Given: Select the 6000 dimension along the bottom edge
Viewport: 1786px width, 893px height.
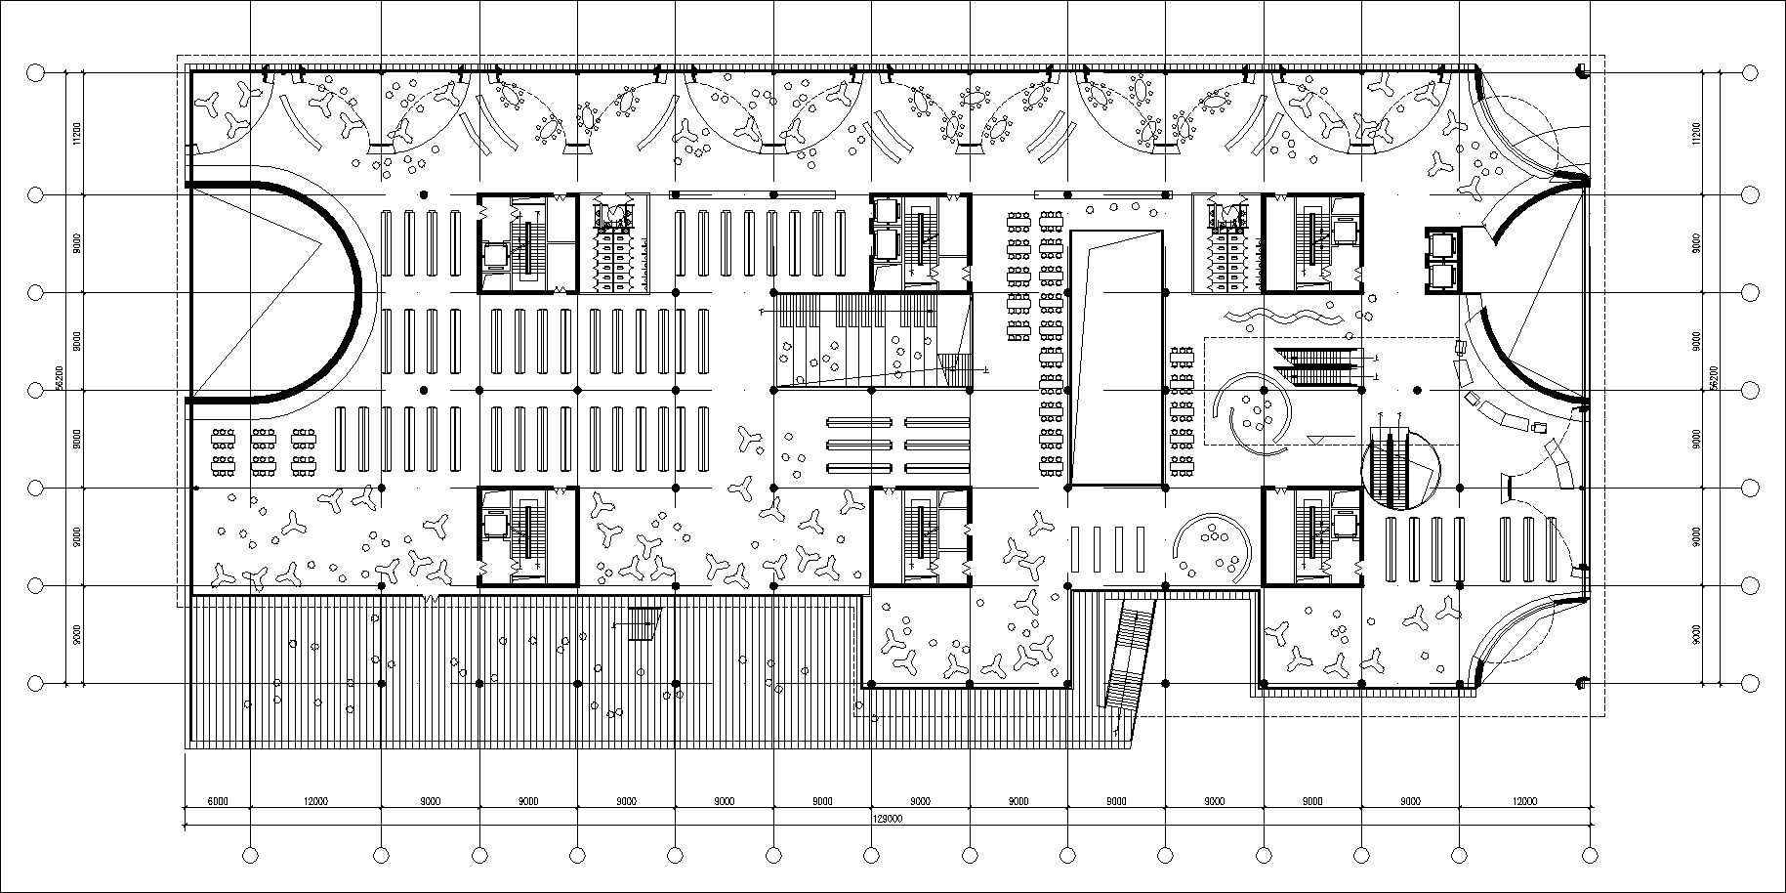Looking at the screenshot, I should pyautogui.click(x=217, y=801).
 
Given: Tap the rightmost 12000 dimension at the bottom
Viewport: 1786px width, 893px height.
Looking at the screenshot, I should pyautogui.click(x=1523, y=801).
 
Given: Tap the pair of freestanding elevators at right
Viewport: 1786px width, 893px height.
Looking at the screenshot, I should pyautogui.click(x=1441, y=260).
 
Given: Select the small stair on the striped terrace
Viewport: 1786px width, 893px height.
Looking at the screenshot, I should pyautogui.click(x=644, y=624).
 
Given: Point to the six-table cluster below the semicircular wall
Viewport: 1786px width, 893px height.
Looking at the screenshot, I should pyautogui.click(x=263, y=449).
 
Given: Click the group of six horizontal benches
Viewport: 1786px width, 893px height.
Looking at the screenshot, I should pyautogui.click(x=897, y=445).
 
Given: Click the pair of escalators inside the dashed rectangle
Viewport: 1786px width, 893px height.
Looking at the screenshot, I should pyautogui.click(x=1318, y=366).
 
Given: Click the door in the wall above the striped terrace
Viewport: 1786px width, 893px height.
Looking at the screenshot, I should pyautogui.click(x=431, y=595).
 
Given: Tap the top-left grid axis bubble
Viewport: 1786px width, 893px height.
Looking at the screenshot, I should pyautogui.click(x=35, y=72).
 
